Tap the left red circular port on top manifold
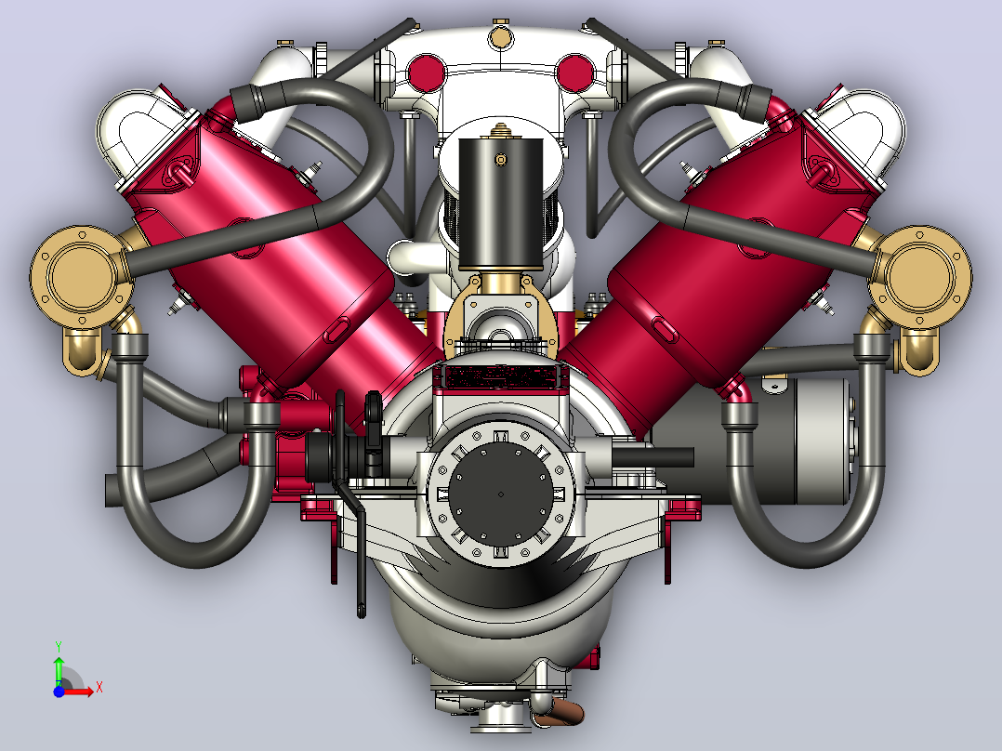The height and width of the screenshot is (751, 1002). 426,72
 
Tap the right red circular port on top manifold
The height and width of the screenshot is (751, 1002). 575,72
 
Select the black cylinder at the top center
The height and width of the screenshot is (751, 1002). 500,204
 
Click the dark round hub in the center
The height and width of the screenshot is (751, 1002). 500,494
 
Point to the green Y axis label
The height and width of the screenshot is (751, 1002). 59,646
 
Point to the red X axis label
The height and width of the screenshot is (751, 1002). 99,688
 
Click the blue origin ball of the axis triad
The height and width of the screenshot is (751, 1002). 59,692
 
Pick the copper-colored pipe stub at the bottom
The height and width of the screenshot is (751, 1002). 560,711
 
